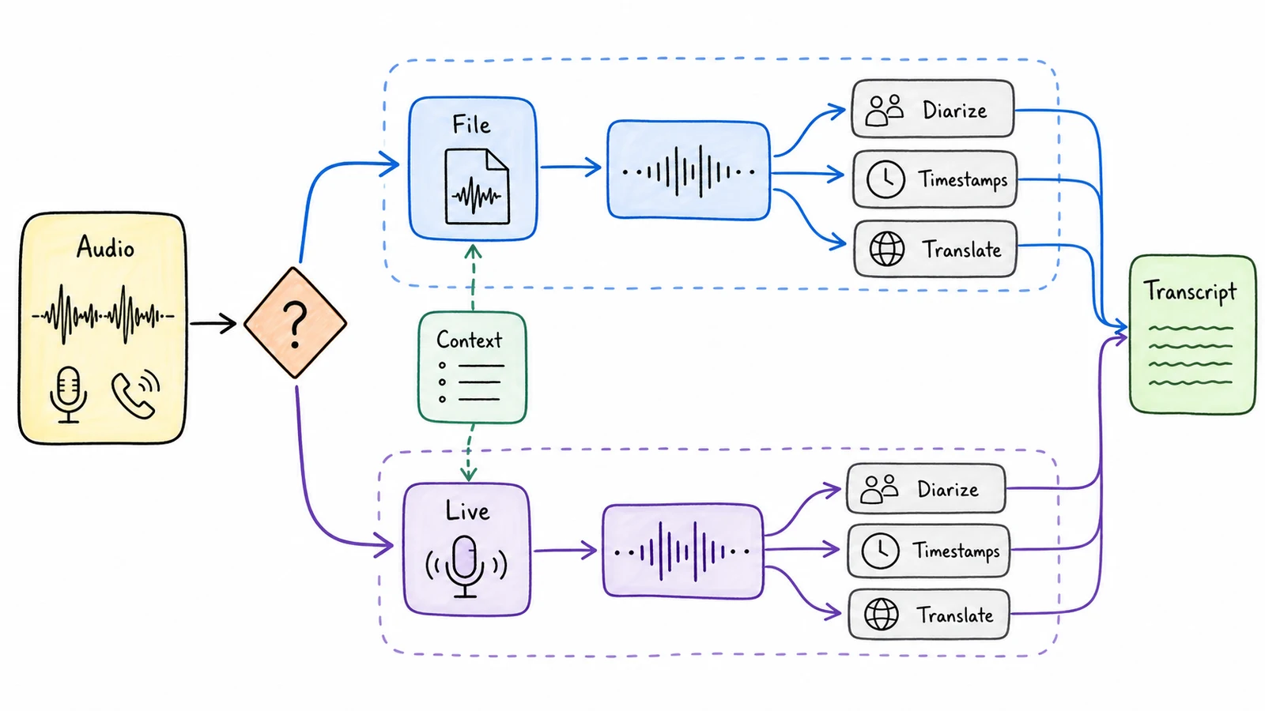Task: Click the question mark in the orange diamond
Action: pyautogui.click(x=295, y=325)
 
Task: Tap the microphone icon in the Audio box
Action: pyautogui.click(x=69, y=394)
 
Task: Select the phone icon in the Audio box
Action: pyautogui.click(x=135, y=394)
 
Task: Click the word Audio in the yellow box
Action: pyautogui.click(x=106, y=247)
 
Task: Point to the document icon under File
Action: pyautogui.click(x=478, y=186)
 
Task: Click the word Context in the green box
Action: pyautogui.click(x=469, y=340)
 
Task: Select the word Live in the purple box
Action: pyautogui.click(x=467, y=510)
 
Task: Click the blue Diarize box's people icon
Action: pyautogui.click(x=885, y=110)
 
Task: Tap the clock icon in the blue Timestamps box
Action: pyautogui.click(x=885, y=179)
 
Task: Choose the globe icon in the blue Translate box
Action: pyautogui.click(x=886, y=249)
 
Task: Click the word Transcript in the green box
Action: pyautogui.click(x=1190, y=292)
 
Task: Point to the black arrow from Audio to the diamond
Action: pyautogui.click(x=213, y=323)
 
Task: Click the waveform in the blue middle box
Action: pyautogui.click(x=689, y=171)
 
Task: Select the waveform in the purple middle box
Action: pyautogui.click(x=682, y=551)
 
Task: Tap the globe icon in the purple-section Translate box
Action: pyautogui.click(x=882, y=614)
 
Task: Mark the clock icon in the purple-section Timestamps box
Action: pyautogui.click(x=881, y=550)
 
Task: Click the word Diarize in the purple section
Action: pyautogui.click(x=948, y=489)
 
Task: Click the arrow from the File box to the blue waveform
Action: pyautogui.click(x=571, y=167)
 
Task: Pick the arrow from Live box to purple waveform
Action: pyautogui.click(x=565, y=550)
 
